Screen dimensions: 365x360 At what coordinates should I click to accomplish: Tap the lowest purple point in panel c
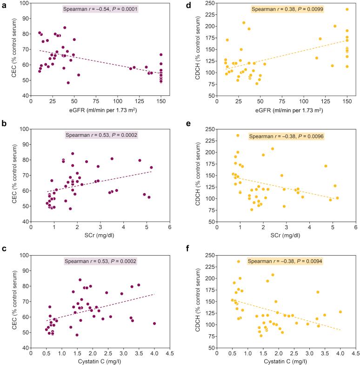tap(77, 335)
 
